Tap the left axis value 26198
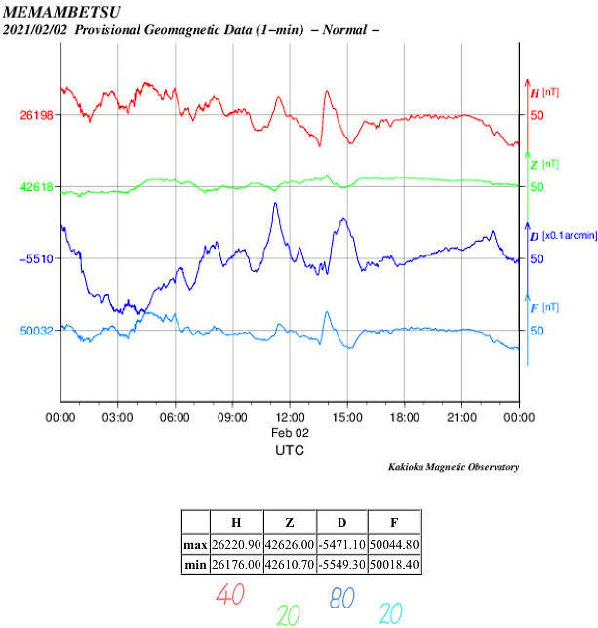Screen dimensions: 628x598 coord(36,115)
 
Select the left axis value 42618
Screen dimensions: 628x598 coord(36,186)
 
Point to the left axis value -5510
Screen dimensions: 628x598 coord(36,258)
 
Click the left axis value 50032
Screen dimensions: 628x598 coord(36,331)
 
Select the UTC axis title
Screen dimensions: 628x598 coord(290,451)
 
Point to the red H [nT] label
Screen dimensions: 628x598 coord(544,93)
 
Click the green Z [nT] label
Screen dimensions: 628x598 coord(544,164)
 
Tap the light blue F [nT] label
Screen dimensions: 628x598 coord(544,308)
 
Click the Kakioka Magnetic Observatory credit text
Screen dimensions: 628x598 coord(454,468)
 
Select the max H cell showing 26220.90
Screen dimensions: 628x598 coord(236,545)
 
